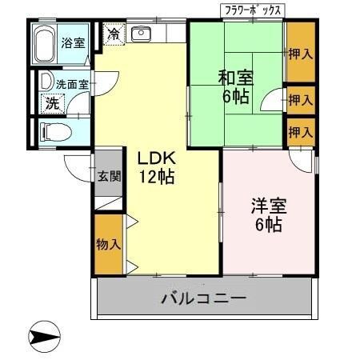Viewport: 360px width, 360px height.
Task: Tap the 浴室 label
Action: [x=73, y=42]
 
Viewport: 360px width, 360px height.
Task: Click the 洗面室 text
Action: [x=70, y=82]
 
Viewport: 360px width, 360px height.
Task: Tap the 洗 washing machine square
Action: [x=52, y=102]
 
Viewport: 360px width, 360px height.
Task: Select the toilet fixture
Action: [x=54, y=131]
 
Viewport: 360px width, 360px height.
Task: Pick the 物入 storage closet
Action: [x=109, y=243]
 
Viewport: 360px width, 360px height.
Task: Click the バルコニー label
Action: [x=203, y=298]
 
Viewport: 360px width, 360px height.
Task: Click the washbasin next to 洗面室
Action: [x=45, y=82]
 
